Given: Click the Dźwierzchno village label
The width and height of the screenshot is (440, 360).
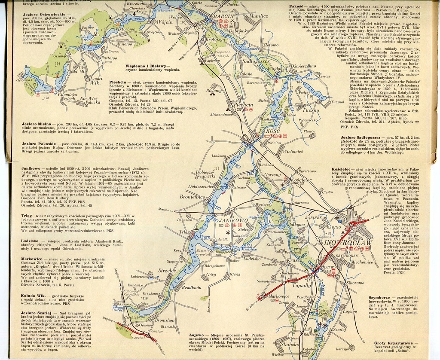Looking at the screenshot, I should coord(303,66).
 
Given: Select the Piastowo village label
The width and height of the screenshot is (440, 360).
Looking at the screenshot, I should coord(112,58).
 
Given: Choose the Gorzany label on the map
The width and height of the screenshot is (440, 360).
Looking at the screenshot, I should coord(272,175).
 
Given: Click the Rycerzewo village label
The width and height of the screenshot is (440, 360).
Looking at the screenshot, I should coord(307,171).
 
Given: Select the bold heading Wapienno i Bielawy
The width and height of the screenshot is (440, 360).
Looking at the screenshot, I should coord(147,65).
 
